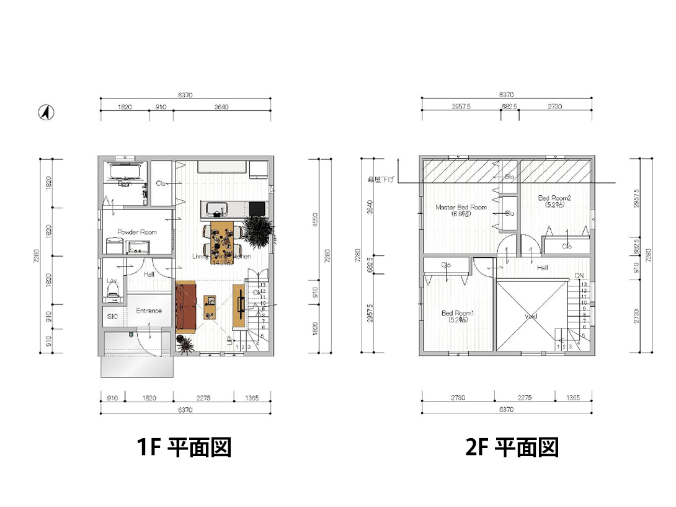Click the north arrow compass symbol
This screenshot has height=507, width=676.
click(x=45, y=112)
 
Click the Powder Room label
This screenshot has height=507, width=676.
click(x=137, y=232)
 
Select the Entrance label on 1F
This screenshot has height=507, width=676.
click(x=149, y=311)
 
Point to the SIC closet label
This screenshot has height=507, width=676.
click(x=112, y=317)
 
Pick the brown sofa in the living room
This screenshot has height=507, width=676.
click(x=186, y=306)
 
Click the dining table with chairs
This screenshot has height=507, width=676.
click(x=222, y=239)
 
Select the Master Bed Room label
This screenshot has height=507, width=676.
click(x=461, y=208)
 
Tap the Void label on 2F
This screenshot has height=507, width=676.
click(x=530, y=316)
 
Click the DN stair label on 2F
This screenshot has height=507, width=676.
click(x=579, y=276)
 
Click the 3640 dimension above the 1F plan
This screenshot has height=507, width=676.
click(x=221, y=107)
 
